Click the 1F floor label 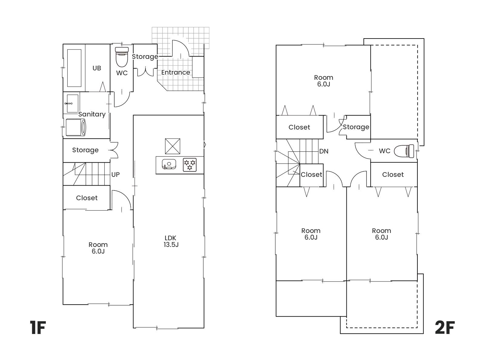[38, 328]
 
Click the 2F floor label [445, 328]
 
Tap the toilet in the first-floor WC [122, 57]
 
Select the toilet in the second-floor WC [404, 151]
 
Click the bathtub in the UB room [74, 68]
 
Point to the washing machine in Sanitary [76, 127]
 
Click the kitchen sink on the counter [169, 164]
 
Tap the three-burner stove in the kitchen [189, 165]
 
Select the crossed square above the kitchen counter [172, 146]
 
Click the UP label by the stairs [115, 175]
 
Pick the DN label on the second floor [324, 151]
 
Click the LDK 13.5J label [171, 241]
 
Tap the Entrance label [176, 72]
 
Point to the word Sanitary [92, 114]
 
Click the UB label [97, 68]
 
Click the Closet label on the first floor [87, 198]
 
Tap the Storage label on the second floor [356, 127]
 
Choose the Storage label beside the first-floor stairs [85, 150]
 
